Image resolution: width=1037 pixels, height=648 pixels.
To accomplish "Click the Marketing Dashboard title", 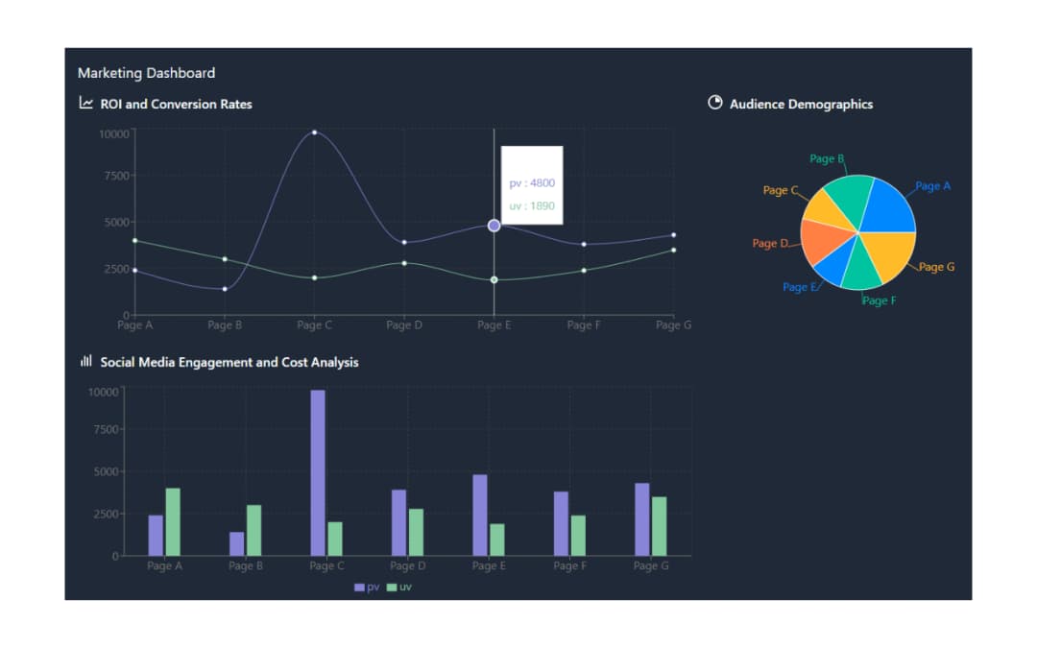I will pos(146,73).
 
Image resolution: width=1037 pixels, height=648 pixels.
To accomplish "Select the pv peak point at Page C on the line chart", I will pos(314,132).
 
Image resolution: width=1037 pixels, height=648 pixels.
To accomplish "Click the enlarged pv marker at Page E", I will pos(494,226).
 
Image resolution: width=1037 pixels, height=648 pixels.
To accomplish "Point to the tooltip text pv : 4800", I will pos(532,183).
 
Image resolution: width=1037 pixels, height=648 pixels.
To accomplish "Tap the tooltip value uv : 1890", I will pos(532,205).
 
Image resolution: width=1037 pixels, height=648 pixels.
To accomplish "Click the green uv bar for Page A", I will pos(173,521).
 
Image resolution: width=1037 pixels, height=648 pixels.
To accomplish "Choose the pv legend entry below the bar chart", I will pos(367,587).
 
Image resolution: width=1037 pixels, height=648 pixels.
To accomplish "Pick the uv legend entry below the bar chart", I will pos(399,587).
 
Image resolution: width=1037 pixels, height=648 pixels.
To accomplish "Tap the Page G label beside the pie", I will pos(936,267).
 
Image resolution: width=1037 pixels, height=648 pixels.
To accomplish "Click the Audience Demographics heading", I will pos(801,104).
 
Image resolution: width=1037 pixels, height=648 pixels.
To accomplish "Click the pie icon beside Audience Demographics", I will pos(714,103).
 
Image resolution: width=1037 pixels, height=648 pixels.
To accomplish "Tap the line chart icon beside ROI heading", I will pos(86,103).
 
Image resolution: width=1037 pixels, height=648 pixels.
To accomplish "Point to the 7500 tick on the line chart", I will pos(113,176).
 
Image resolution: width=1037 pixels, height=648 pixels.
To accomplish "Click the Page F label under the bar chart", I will pos(569,566).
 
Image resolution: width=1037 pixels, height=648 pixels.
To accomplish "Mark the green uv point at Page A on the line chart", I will pos(134,241).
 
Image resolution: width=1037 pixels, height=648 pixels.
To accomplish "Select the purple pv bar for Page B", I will pos(236,543).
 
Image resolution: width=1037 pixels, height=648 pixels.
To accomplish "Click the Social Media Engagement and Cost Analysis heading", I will pos(229,362).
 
